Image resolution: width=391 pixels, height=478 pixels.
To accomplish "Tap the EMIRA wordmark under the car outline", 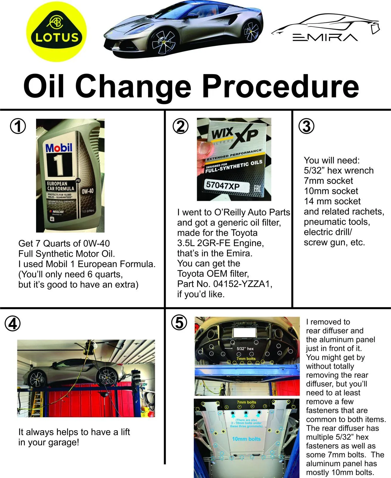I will [325, 37].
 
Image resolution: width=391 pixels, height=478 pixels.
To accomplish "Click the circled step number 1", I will [18, 126].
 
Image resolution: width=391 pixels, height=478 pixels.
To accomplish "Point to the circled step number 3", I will [306, 126].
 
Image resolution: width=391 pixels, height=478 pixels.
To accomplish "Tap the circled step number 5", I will [179, 323].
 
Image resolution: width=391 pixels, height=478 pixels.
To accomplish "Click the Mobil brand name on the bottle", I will [59, 148].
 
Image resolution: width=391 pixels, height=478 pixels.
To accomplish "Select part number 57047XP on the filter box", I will [223, 186].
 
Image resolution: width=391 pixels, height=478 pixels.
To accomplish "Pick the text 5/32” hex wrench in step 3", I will [339, 171].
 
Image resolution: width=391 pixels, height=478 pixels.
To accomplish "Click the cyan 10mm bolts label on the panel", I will [246, 439].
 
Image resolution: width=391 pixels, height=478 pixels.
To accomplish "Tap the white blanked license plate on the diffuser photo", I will [244, 333].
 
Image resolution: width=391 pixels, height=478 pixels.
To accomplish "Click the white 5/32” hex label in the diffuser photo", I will [245, 349].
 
